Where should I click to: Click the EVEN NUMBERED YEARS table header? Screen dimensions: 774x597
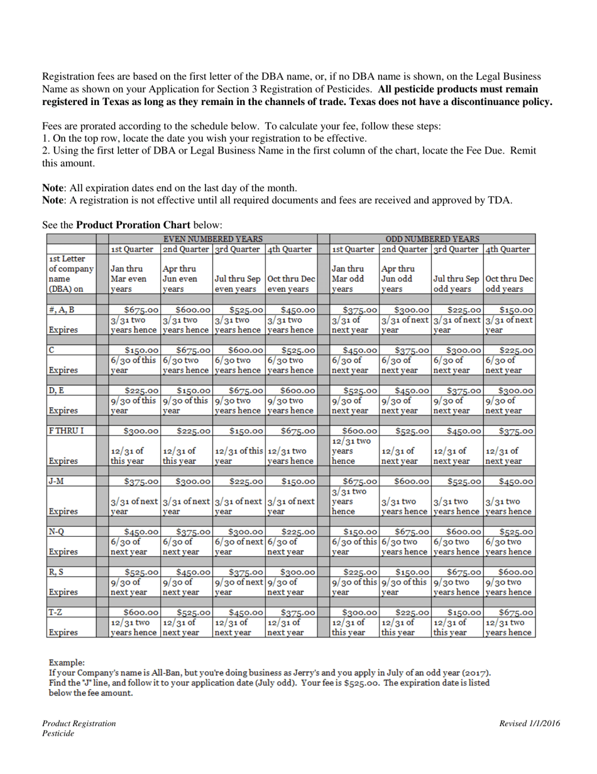(x=212, y=238)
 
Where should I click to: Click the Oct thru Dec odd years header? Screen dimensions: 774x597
(x=509, y=284)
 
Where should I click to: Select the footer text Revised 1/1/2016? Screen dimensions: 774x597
(x=530, y=724)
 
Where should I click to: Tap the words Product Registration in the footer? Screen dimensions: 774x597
(x=79, y=724)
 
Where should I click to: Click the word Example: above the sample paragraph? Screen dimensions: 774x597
(x=66, y=663)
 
